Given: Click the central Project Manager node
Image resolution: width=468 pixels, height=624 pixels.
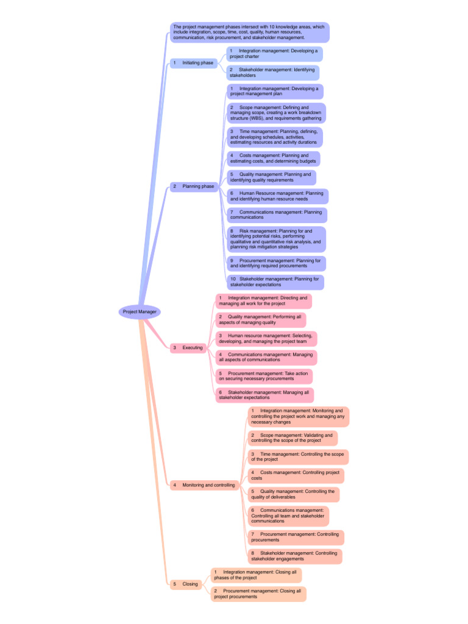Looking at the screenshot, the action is (x=140, y=311).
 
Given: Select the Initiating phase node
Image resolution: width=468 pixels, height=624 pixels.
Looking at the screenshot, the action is (x=194, y=63).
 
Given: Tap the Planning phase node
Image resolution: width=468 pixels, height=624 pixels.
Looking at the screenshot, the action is (x=194, y=186).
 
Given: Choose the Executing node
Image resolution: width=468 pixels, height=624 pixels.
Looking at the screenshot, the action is (x=188, y=347).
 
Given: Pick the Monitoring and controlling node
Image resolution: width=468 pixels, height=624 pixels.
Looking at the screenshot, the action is (x=204, y=485).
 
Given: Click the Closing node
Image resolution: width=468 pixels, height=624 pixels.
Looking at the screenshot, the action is (x=186, y=584).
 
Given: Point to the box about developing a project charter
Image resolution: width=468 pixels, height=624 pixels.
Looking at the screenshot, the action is (x=274, y=54).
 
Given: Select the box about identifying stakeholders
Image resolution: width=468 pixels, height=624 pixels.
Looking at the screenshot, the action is (x=272, y=73).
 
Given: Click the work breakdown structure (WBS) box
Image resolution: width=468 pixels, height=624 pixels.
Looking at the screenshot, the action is (x=275, y=113).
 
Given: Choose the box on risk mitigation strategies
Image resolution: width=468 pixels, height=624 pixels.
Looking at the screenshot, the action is (x=275, y=239).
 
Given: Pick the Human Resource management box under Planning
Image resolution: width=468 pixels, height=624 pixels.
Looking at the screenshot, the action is (x=277, y=196).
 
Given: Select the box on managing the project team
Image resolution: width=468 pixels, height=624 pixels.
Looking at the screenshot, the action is (x=266, y=339).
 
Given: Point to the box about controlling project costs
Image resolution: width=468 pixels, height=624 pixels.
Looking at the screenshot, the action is (x=296, y=475).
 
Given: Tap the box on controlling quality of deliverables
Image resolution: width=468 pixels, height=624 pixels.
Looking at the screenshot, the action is (x=293, y=494).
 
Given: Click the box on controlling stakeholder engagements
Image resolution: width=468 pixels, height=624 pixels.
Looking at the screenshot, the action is (x=294, y=556).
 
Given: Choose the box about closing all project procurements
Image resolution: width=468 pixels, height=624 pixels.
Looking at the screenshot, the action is (x=258, y=594).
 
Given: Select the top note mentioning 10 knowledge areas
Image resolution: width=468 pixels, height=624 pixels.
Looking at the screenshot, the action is (x=250, y=32).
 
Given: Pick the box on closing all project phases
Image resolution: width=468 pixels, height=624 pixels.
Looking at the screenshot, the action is (x=256, y=575).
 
